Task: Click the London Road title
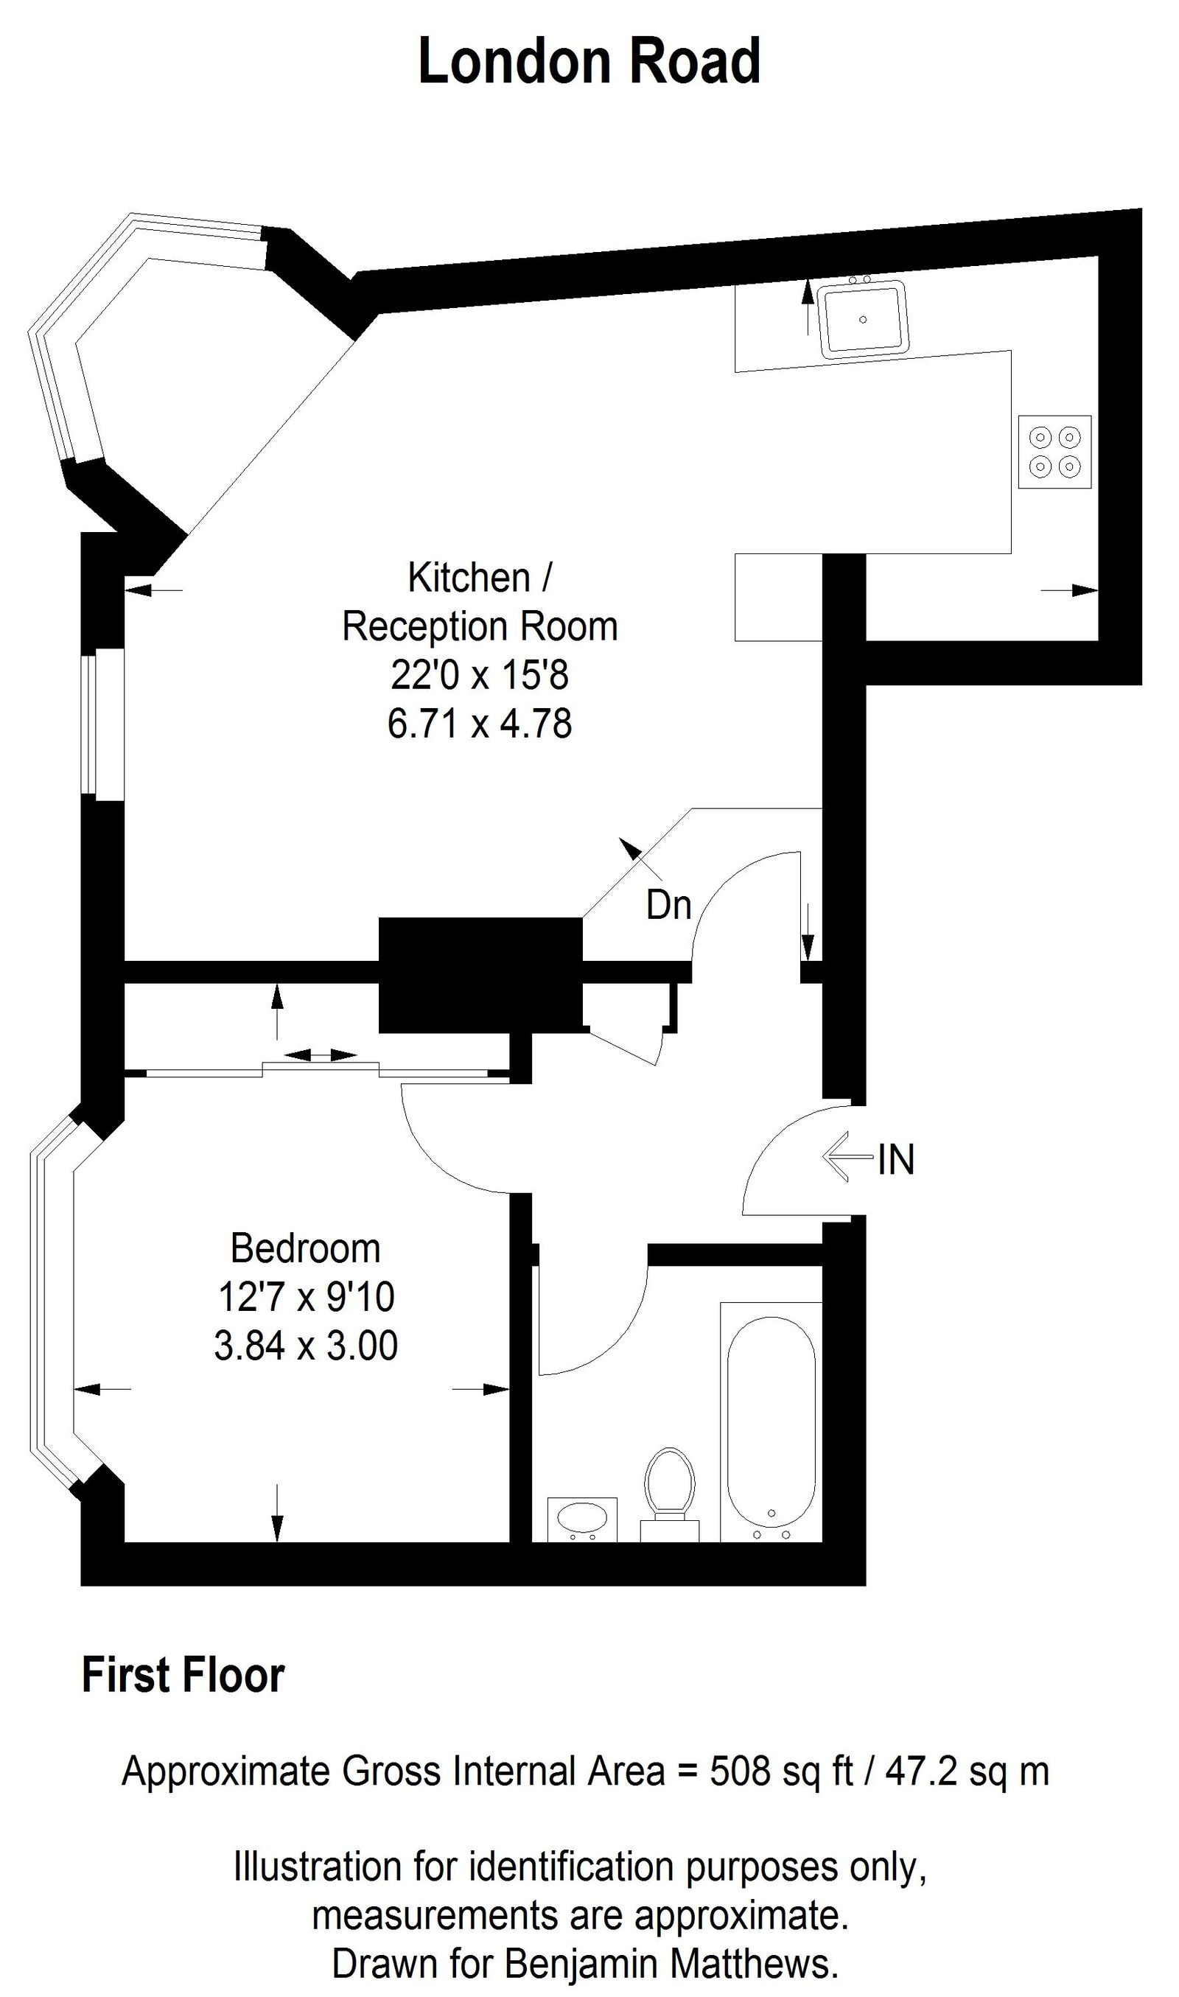click(x=589, y=62)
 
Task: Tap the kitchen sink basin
click(x=863, y=318)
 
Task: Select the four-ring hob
click(x=1054, y=451)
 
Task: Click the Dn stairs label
click(x=669, y=906)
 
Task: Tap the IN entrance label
click(x=896, y=1160)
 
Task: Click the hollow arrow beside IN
click(x=847, y=1158)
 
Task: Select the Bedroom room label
click(x=305, y=1249)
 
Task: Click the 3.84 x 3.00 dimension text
click(x=305, y=1346)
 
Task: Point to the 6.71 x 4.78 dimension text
click(x=479, y=724)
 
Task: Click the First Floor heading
click(x=183, y=1676)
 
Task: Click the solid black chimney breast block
click(x=480, y=975)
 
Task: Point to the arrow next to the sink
click(x=807, y=306)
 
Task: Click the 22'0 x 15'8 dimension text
click(x=479, y=675)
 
